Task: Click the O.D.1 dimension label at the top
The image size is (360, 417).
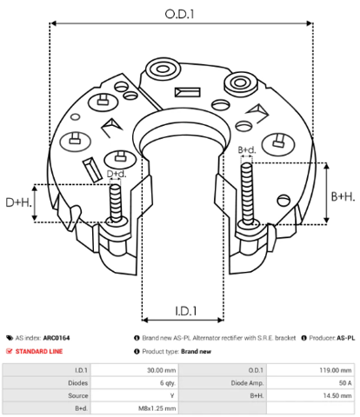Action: [x=179, y=14]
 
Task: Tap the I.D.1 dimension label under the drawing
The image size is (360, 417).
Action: [x=186, y=311]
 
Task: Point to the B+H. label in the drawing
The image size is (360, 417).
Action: [x=343, y=196]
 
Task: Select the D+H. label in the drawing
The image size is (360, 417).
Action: [x=18, y=202]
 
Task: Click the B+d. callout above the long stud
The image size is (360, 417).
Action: [x=247, y=150]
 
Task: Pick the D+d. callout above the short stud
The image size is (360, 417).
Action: [x=117, y=174]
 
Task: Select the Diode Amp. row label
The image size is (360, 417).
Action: [x=247, y=383]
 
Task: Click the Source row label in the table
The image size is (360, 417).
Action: [x=78, y=395]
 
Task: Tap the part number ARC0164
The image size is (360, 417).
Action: [x=57, y=338]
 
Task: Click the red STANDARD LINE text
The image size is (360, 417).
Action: [x=39, y=351]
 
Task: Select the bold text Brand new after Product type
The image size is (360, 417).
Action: [x=197, y=352]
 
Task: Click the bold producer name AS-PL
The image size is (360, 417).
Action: [x=346, y=338]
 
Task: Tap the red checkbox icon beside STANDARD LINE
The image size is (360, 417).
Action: [x=10, y=351]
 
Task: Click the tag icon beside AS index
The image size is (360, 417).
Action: [x=10, y=338]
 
